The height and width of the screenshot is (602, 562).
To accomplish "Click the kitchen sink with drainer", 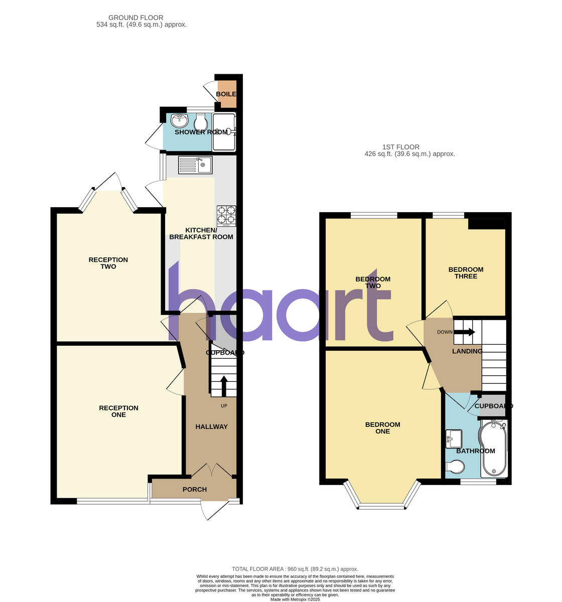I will point(195,165).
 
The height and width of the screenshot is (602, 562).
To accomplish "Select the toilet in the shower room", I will point(201,122).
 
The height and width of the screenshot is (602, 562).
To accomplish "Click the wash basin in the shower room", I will point(179,120).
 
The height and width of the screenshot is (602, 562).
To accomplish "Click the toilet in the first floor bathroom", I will point(455,467).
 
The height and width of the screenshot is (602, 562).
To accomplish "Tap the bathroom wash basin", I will point(454,438).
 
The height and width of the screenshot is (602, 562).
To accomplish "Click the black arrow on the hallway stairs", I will point(223,386).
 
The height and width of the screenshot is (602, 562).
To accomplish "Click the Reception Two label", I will point(108,263).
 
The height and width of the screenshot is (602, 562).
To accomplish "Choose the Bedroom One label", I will point(382,428).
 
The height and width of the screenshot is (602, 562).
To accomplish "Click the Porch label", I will point(195,490).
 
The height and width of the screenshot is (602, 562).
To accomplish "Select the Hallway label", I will point(211,427).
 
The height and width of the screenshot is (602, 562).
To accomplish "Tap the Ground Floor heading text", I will point(136,21).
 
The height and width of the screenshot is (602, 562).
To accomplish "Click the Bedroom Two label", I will point(373,282).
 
